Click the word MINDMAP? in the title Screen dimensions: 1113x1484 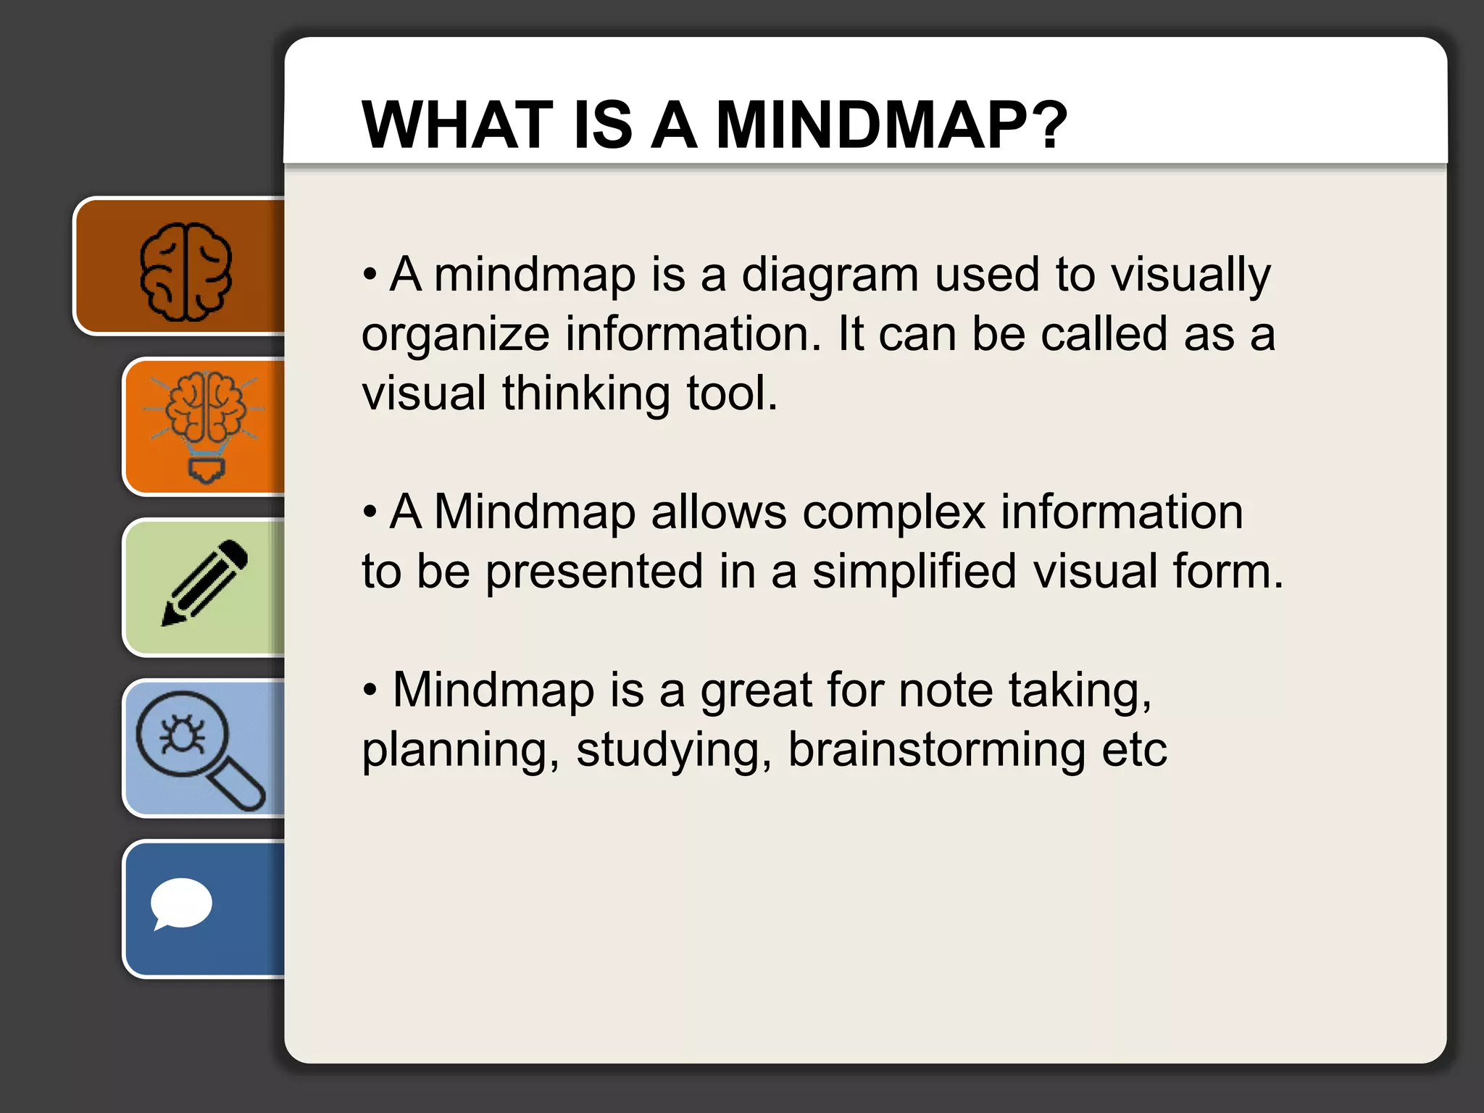(891, 125)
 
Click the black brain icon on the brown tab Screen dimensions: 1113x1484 (185, 271)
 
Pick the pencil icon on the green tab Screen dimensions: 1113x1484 (204, 583)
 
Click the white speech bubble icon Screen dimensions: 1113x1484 (180, 904)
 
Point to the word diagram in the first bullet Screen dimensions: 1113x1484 (830, 275)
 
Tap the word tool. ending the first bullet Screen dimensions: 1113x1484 (732, 394)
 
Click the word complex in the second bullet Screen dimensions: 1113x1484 (894, 513)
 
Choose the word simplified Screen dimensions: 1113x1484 (914, 571)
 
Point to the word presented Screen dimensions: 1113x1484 (594, 572)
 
